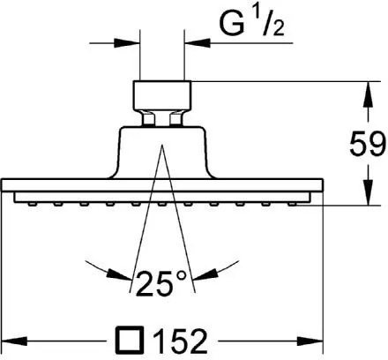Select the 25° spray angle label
[x=164, y=283]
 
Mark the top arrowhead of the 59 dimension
[x=367, y=87]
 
